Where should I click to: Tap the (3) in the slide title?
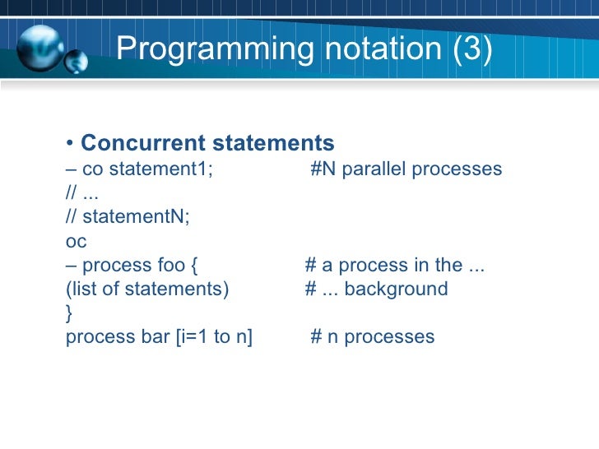(x=471, y=50)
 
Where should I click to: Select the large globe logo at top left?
(x=40, y=48)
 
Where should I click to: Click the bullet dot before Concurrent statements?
(x=70, y=144)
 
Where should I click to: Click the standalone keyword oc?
(x=75, y=242)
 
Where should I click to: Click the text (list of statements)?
(x=147, y=289)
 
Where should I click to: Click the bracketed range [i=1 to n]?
(x=214, y=337)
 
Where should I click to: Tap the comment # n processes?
(x=372, y=337)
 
